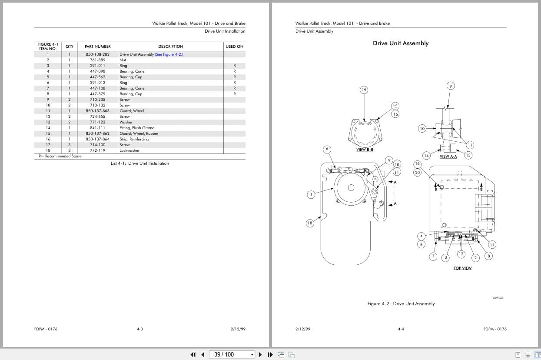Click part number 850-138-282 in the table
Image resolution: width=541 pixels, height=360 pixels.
(x=97, y=54)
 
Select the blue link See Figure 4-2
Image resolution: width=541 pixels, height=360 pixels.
(x=169, y=54)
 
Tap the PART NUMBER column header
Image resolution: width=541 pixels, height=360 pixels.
(x=97, y=47)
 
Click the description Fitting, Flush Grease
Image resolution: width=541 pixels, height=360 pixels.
(x=137, y=128)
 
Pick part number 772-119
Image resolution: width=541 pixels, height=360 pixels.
(x=97, y=150)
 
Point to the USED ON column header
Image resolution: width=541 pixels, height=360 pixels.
(x=234, y=47)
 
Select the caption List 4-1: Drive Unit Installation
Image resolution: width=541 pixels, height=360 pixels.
(x=139, y=163)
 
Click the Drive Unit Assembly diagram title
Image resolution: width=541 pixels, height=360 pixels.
(x=400, y=43)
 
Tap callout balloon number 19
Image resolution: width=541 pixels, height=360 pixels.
(x=364, y=90)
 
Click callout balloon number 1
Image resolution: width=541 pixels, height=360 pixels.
(x=311, y=194)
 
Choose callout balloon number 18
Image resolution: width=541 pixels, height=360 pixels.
(x=310, y=223)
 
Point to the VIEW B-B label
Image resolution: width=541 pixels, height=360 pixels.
(x=364, y=150)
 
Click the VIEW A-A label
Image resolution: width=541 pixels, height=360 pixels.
(x=448, y=157)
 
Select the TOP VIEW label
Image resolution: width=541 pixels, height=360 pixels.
(x=462, y=268)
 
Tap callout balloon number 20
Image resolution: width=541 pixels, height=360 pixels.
(x=417, y=173)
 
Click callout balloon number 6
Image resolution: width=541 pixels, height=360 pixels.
(x=327, y=149)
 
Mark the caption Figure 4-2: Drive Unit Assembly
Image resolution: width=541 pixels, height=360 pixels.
(x=401, y=304)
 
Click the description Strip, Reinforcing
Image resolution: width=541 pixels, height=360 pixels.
(x=134, y=139)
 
